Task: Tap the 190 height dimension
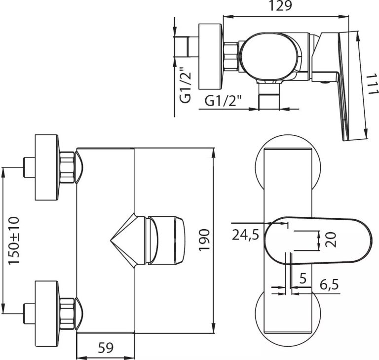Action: [x=204, y=240]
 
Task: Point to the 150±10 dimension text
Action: [x=14, y=240]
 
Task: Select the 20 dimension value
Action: [x=332, y=240]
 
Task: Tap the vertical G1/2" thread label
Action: [x=185, y=85]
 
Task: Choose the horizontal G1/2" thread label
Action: [x=224, y=101]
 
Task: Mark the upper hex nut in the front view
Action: [x=68, y=167]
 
